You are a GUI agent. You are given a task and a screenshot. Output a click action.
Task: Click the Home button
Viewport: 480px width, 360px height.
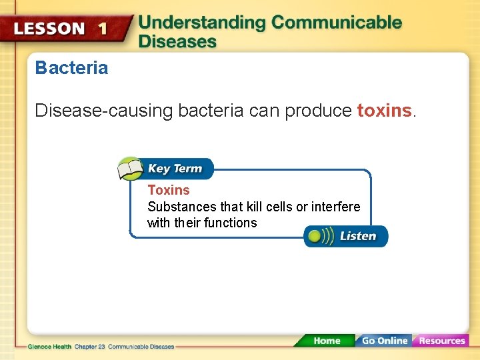tap(327, 341)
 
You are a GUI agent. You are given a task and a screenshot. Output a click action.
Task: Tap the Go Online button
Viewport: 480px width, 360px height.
tap(384, 341)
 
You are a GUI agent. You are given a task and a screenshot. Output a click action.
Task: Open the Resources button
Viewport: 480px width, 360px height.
tap(441, 341)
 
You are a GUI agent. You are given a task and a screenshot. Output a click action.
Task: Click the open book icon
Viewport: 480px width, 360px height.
tap(131, 169)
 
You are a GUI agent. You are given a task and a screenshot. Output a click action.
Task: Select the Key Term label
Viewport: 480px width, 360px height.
tap(175, 169)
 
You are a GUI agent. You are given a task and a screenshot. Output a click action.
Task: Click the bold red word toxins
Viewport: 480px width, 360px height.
tap(384, 110)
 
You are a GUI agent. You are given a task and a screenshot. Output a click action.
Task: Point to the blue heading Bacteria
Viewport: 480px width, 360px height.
tap(71, 68)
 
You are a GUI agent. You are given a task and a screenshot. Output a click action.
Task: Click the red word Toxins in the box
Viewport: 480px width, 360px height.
tap(169, 190)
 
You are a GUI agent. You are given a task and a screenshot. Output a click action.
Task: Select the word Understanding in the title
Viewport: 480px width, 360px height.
tap(202, 22)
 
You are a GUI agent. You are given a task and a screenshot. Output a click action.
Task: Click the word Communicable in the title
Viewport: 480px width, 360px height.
tap(337, 22)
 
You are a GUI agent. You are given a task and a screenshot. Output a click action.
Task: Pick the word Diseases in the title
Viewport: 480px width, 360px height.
tap(177, 41)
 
